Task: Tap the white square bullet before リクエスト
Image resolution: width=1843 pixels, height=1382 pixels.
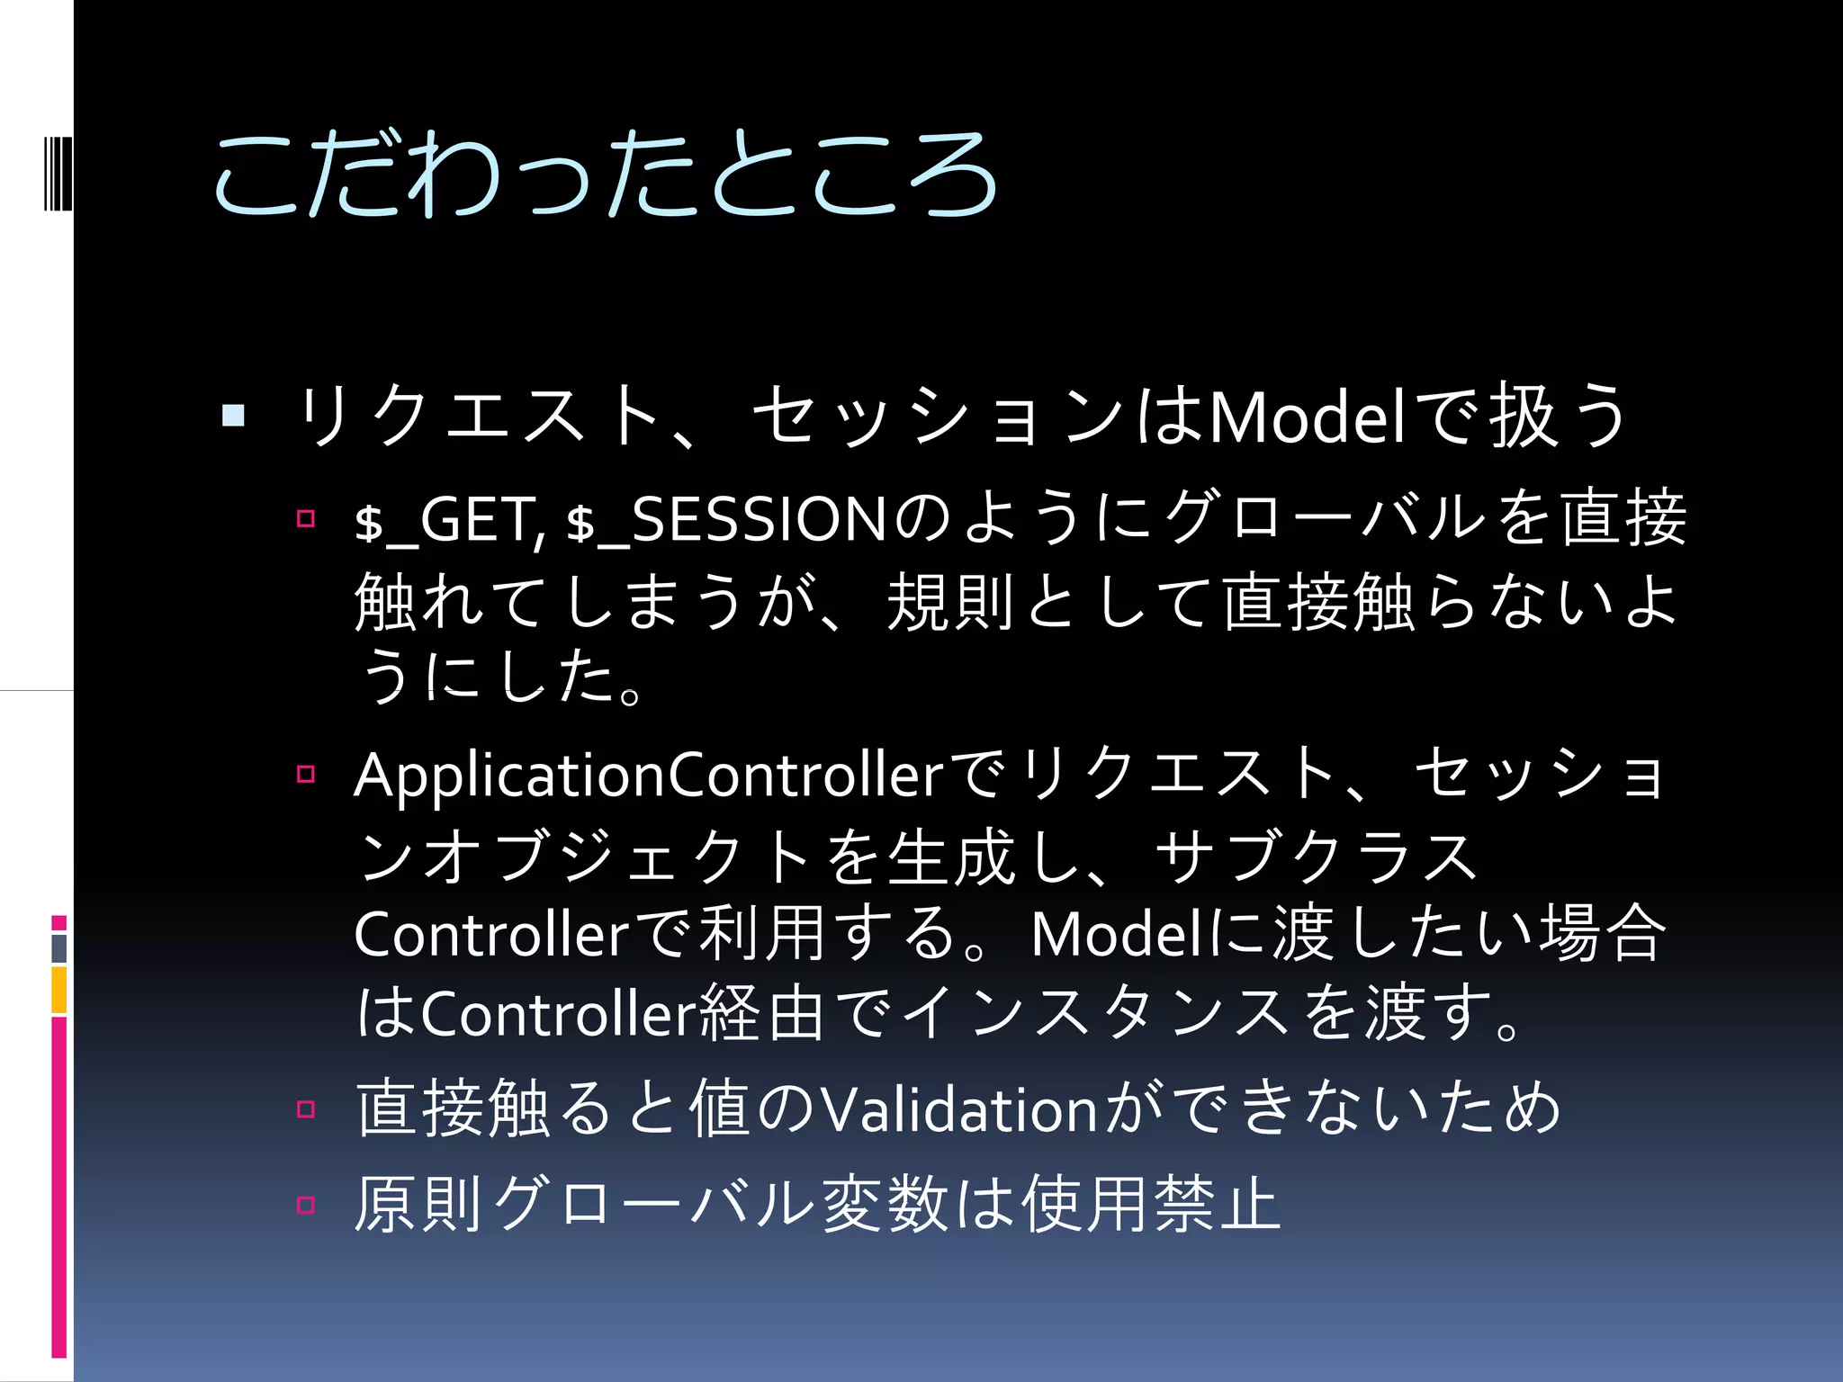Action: (x=233, y=415)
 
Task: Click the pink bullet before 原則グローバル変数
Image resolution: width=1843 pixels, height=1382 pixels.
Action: (x=306, y=1205)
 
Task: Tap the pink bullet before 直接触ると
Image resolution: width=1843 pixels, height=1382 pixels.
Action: (x=306, y=1108)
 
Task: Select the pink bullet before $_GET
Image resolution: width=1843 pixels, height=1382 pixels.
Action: (x=306, y=518)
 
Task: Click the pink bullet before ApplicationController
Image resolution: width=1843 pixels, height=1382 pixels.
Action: (x=306, y=774)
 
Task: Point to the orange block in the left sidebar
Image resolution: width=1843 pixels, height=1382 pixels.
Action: (x=59, y=989)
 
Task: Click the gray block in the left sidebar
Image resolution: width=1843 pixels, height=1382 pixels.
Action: (x=59, y=948)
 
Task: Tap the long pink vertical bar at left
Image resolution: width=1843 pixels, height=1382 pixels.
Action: (x=59, y=1188)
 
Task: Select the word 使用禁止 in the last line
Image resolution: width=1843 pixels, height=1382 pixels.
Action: (x=1151, y=1205)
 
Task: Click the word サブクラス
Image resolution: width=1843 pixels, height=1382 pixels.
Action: (x=1317, y=856)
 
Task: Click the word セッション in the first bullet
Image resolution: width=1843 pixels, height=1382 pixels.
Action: (x=936, y=418)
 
